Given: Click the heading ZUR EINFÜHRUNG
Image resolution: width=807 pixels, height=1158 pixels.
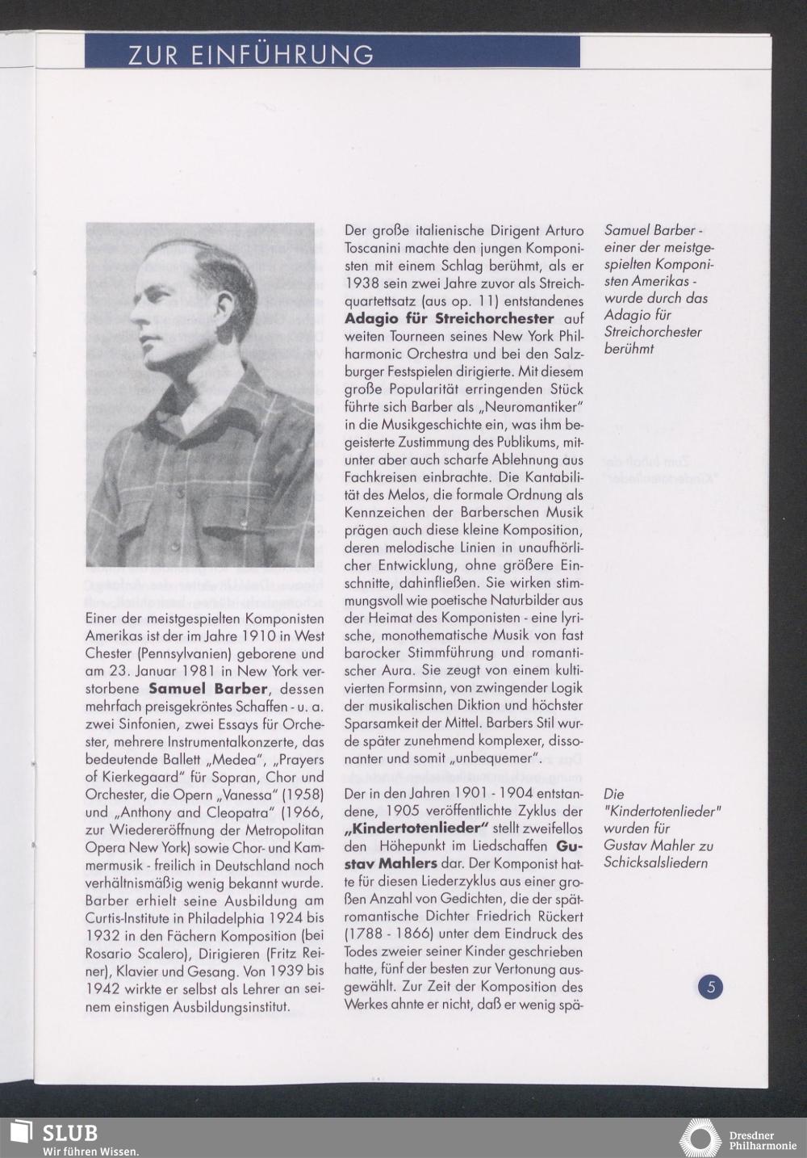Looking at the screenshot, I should click(x=251, y=54).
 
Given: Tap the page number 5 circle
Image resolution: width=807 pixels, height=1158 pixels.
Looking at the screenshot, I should click(x=711, y=986).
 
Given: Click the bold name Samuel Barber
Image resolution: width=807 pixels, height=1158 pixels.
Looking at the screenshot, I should click(x=207, y=689).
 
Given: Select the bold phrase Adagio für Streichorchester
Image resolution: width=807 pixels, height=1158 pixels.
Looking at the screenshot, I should click(x=449, y=318).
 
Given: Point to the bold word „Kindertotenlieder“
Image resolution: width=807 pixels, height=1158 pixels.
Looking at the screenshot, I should click(x=417, y=829).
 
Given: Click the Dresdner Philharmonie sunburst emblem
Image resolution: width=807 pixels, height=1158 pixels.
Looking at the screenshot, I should click(x=700, y=1137).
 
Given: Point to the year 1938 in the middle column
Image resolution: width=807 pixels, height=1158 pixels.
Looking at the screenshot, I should click(x=362, y=283).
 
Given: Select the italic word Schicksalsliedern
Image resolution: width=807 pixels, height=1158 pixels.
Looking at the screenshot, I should click(x=656, y=862).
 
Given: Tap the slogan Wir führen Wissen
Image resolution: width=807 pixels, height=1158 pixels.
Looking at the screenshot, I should click(x=90, y=1151).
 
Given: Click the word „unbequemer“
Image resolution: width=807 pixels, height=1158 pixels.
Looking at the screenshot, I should click(x=495, y=758).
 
